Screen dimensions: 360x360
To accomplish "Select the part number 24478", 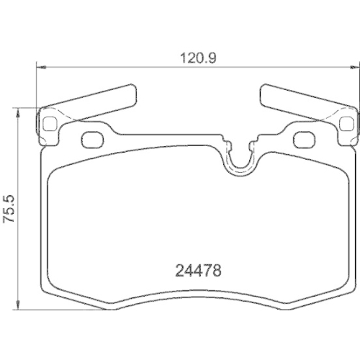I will tap(197, 271).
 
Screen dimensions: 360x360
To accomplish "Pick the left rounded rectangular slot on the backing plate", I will tap(93, 138).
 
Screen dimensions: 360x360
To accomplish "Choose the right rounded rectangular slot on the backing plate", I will tap(305, 138).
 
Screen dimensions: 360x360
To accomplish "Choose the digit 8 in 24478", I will tap(215, 271).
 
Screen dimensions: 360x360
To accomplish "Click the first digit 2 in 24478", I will tap(180, 271).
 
